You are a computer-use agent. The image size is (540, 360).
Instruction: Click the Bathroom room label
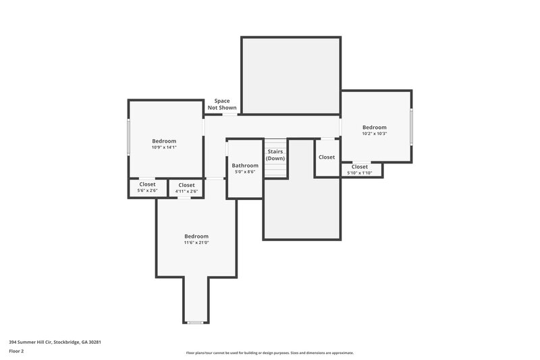click(245, 165)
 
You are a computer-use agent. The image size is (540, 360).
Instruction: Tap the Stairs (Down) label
click(275, 155)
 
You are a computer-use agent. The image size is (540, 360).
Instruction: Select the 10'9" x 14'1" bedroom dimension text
click(164, 147)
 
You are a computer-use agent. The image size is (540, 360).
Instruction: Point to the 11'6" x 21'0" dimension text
click(196, 242)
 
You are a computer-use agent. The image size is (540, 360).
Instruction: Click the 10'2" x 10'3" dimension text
click(375, 134)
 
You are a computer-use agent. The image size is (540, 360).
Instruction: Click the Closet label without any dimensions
click(327, 157)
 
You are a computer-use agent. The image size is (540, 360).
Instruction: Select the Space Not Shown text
click(222, 104)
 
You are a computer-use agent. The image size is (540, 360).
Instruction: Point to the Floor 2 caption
click(16, 351)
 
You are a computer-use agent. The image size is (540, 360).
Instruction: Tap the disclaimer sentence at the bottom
click(269, 353)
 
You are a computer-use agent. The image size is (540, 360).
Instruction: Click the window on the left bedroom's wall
click(129, 138)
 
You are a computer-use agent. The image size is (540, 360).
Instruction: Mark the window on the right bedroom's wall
click(411, 126)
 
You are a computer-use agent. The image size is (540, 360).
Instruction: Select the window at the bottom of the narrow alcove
click(195, 323)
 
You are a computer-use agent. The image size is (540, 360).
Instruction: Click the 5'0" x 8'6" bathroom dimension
click(245, 172)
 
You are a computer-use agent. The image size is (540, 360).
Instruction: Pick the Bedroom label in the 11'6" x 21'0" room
click(196, 236)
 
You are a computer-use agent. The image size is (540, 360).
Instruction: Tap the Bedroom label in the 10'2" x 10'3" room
click(375, 127)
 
